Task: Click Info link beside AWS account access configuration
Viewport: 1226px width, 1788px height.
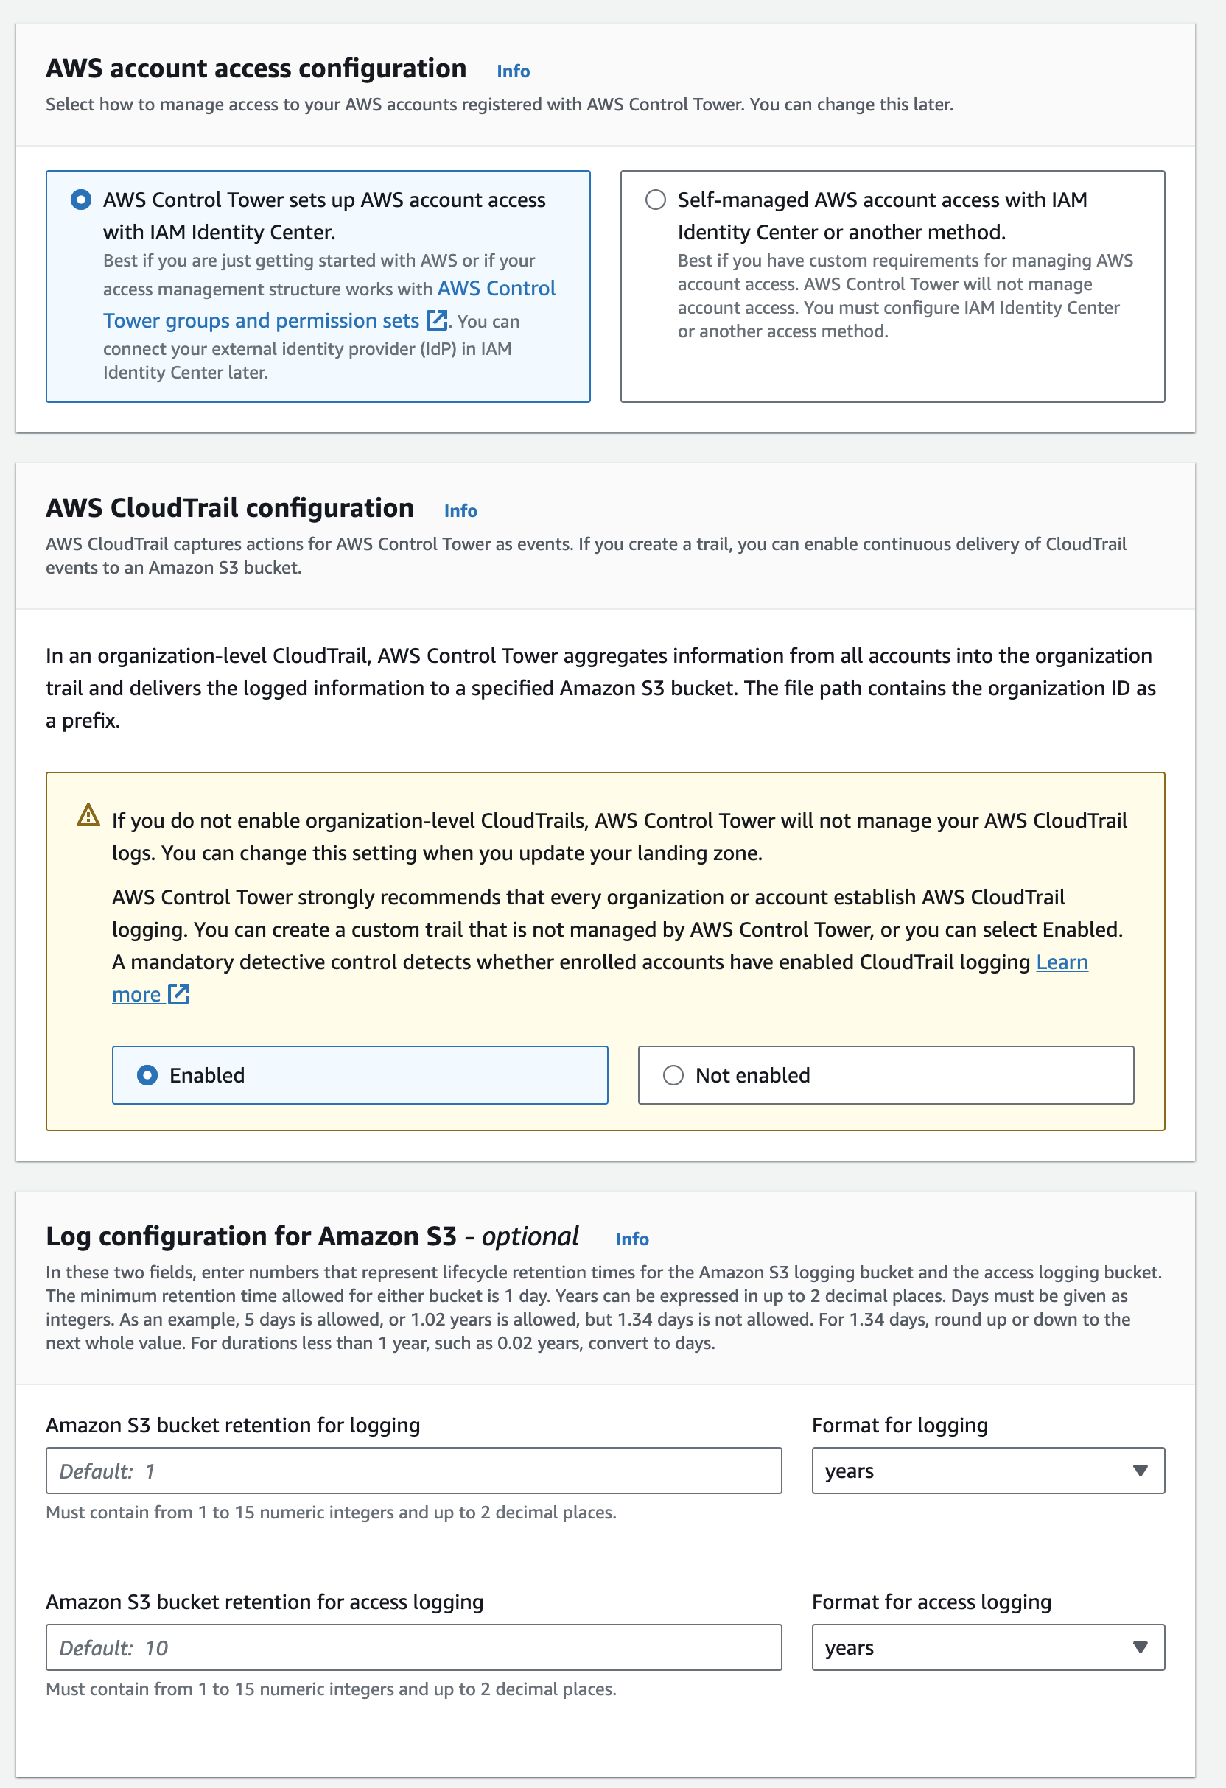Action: (513, 71)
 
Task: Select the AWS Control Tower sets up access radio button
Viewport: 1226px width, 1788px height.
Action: (81, 200)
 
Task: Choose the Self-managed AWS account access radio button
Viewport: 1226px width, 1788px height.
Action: (655, 200)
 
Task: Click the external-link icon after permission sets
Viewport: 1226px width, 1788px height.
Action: (436, 320)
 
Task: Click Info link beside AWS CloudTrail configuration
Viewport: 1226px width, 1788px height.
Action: (460, 511)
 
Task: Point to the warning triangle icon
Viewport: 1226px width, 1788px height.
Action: (88, 814)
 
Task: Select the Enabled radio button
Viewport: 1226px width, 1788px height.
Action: (147, 1076)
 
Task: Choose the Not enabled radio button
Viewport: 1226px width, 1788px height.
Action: (673, 1076)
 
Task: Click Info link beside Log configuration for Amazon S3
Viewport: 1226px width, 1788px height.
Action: (632, 1239)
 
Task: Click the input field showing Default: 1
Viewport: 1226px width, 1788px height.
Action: (413, 1471)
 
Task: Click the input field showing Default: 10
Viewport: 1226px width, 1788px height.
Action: (413, 1648)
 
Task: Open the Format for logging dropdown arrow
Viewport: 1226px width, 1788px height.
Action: (1140, 1471)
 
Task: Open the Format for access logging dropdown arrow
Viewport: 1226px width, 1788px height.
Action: (1140, 1648)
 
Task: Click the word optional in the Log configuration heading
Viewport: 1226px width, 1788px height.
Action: (530, 1236)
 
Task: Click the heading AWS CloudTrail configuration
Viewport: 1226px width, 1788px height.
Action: (229, 509)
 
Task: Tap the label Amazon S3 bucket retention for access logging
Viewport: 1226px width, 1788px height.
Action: (264, 1602)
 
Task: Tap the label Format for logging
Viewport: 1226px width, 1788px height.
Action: (899, 1426)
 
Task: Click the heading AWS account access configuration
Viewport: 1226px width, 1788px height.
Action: (256, 69)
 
